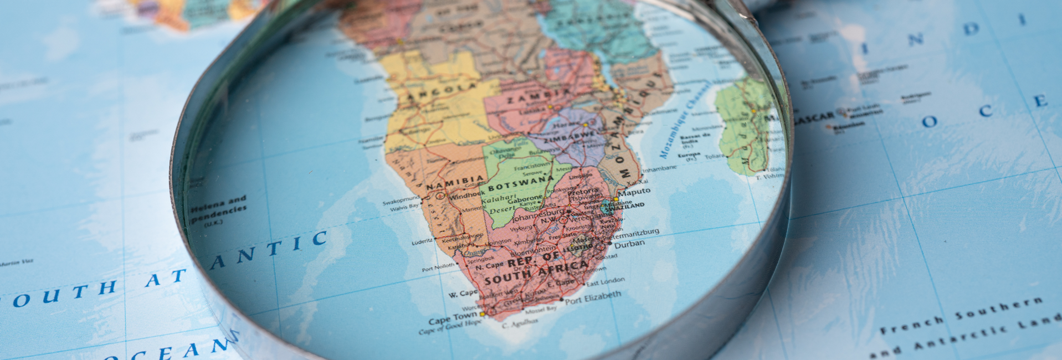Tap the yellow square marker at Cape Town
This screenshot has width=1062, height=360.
coord(482,314)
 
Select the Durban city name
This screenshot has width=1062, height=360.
coord(629,244)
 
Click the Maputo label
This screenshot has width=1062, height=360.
coord(634,192)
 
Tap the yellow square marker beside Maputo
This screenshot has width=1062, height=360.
coord(615,199)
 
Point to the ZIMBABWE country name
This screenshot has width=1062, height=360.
coord(571,137)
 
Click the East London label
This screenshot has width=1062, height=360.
coord(606,281)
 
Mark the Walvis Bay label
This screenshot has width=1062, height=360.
coord(404,208)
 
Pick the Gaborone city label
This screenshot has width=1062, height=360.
coord(525,198)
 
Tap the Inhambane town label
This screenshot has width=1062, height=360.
coord(659,168)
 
